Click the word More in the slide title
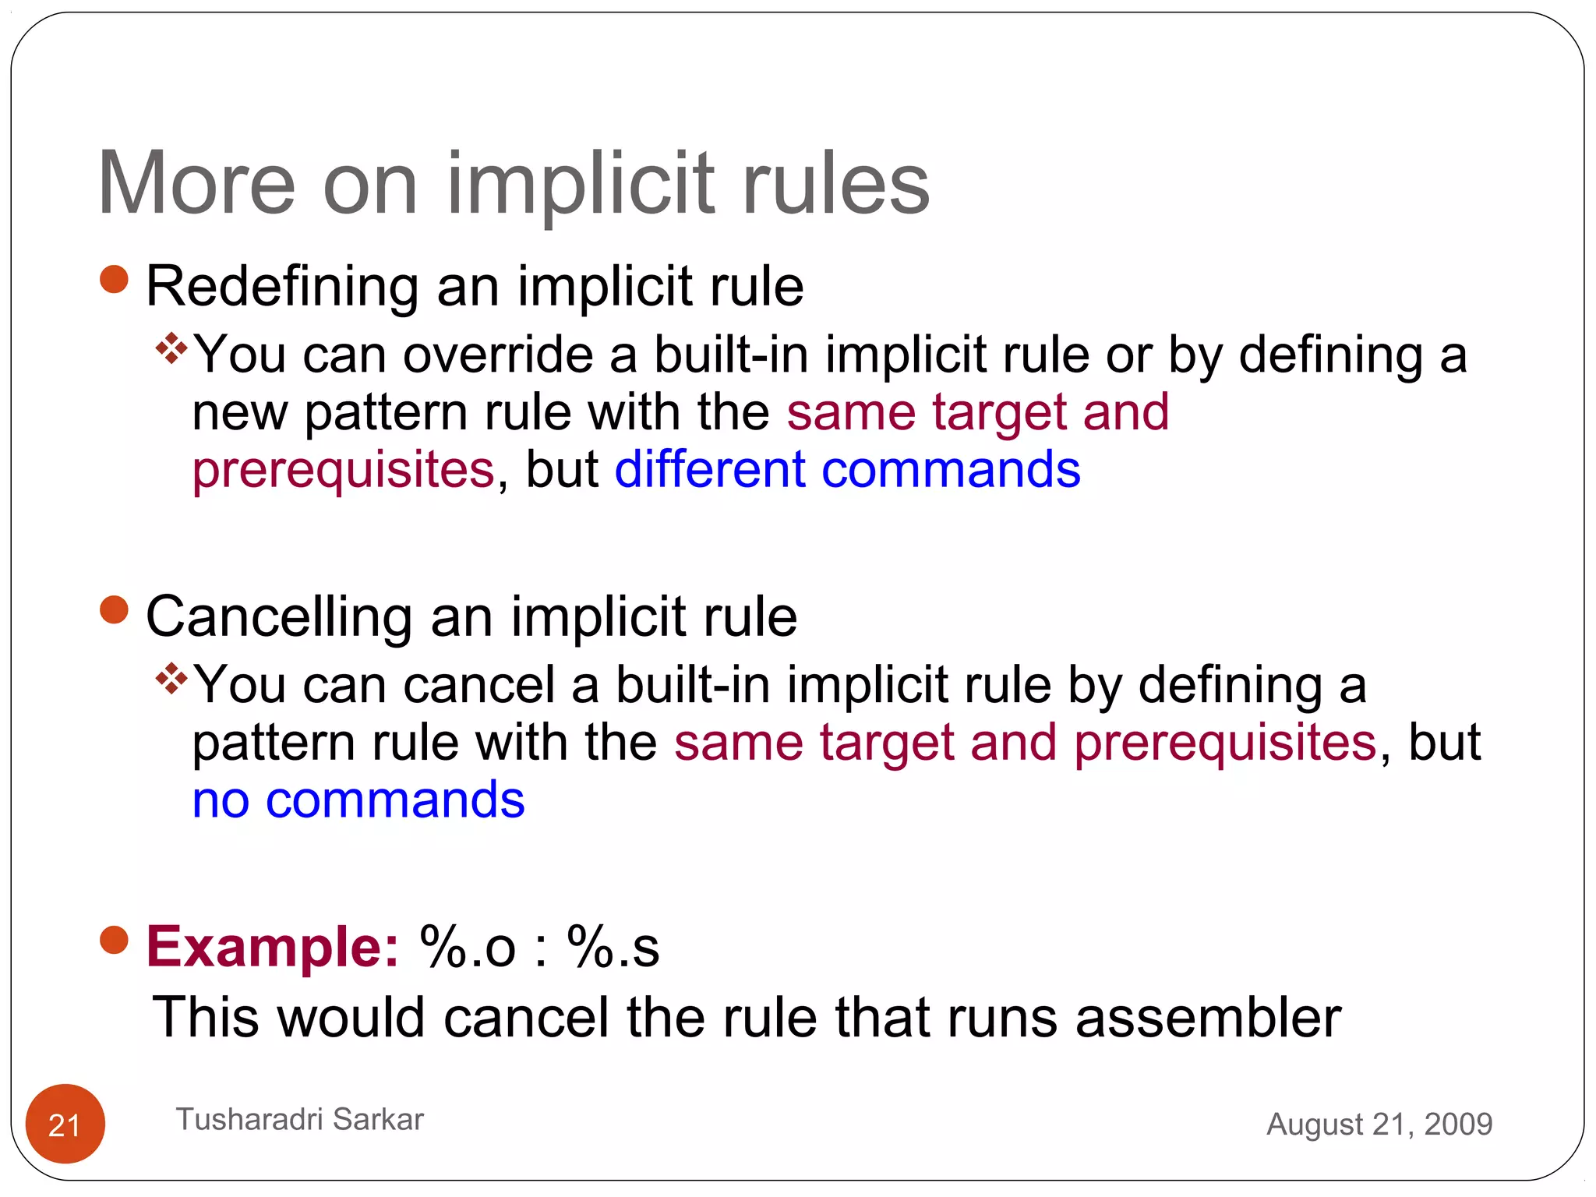(196, 183)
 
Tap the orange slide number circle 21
(65, 1123)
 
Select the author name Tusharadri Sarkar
(300, 1119)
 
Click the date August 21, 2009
(1379, 1124)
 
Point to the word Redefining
(282, 286)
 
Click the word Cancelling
(279, 616)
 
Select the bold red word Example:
(273, 946)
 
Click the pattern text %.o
(468, 946)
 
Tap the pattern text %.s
(613, 946)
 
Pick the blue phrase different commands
(847, 469)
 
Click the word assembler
(1208, 1017)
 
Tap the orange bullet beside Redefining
(115, 280)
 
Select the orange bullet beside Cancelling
(115, 610)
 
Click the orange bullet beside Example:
(115, 940)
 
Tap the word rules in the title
(836, 183)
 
